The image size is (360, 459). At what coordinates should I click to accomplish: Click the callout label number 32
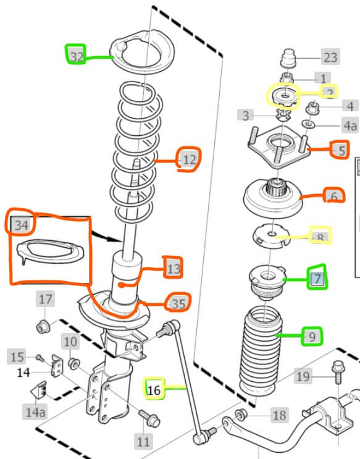77,56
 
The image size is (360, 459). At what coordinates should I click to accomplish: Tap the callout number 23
330,58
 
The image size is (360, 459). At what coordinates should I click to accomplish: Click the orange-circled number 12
189,161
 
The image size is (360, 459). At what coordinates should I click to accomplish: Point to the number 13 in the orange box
174,267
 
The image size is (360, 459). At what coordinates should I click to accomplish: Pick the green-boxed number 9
312,337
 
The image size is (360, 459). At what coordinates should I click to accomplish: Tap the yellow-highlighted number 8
320,237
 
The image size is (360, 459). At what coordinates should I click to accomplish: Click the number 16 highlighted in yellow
154,389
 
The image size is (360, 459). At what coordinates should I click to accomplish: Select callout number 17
46,300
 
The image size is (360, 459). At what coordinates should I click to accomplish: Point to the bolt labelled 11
148,417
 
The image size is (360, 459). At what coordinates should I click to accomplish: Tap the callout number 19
303,376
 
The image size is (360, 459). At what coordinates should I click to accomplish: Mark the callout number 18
279,415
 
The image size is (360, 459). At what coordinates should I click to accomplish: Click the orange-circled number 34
22,225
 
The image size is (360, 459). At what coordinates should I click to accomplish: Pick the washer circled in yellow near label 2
284,95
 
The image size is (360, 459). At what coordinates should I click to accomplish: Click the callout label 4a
350,125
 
